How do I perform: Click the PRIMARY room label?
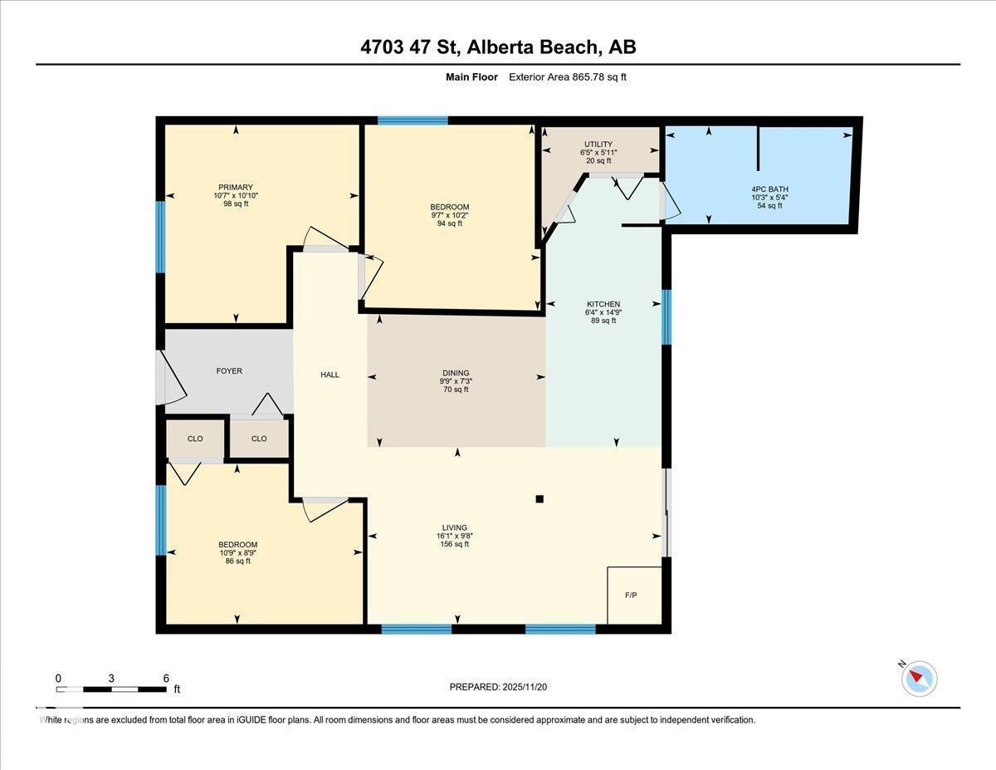coord(236,187)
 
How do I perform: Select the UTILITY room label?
coord(598,145)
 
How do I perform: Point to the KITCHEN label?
coord(603,304)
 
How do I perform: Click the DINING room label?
coord(456,373)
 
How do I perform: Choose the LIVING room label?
coord(454,527)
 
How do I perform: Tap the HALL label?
coord(330,375)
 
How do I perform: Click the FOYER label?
coord(229,370)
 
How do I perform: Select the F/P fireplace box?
coord(634,596)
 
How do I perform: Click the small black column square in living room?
coord(539,499)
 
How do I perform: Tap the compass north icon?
coord(919,678)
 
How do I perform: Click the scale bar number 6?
coord(166,678)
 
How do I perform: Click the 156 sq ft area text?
coord(454,544)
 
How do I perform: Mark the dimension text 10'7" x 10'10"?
coord(236,196)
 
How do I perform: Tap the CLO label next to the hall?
coord(259,439)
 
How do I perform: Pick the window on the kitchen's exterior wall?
coord(666,316)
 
